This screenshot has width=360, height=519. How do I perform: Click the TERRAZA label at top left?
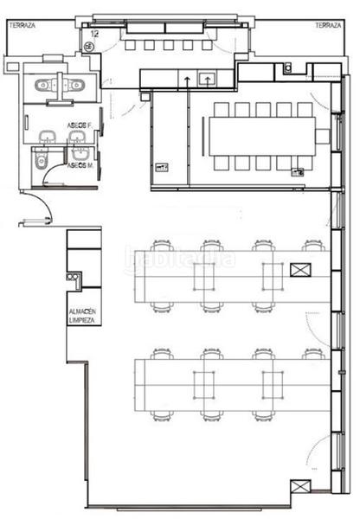pos(22,27)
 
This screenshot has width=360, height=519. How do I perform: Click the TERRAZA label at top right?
pos(328,27)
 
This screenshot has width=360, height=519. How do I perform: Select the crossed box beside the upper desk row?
pos(300,270)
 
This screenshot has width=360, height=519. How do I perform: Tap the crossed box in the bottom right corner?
pos(300,487)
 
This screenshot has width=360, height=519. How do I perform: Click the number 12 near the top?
pos(93,34)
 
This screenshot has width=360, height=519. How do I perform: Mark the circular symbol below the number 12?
pos(89,45)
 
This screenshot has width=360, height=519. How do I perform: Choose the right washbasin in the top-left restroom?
pos(77,84)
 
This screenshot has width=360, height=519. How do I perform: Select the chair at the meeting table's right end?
pos(323,137)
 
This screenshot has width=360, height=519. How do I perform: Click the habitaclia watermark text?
pos(180,257)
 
